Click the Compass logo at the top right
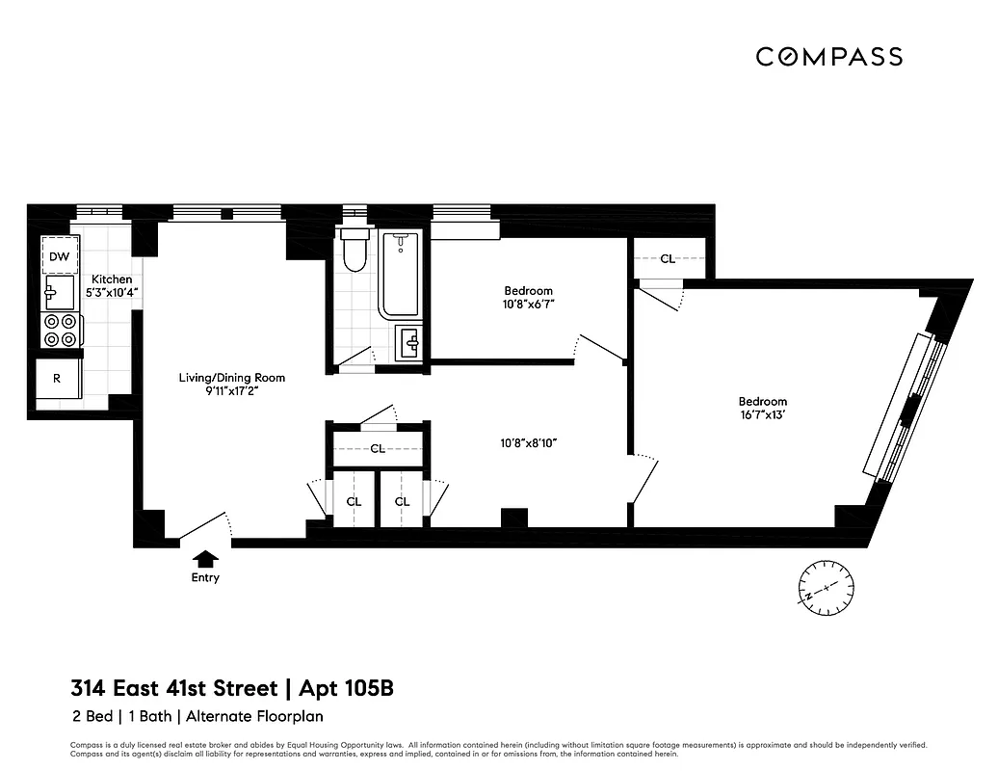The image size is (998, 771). [x=828, y=57]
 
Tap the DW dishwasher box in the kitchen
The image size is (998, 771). [x=59, y=256]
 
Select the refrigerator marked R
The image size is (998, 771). [x=57, y=379]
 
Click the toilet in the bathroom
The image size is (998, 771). [x=355, y=251]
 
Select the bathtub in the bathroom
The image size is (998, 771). [x=400, y=274]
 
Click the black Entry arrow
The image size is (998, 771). [x=205, y=557]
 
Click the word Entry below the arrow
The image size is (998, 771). [x=205, y=578]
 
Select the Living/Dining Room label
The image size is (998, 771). [x=232, y=378]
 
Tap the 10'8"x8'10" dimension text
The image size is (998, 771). [x=529, y=443]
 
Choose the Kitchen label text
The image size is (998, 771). [x=112, y=279]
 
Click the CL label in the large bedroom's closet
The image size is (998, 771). [x=668, y=258]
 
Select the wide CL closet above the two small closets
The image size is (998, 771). [x=378, y=449]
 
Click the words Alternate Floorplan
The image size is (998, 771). [x=254, y=716]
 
